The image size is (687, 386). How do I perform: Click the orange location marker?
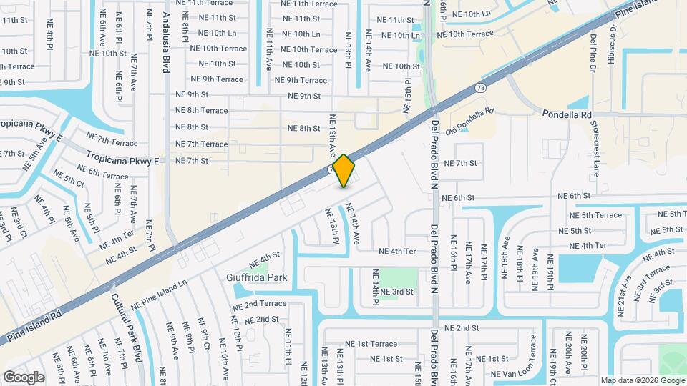[344, 170]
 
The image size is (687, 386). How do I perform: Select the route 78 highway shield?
[479, 88]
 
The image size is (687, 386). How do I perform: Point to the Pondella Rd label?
[567, 114]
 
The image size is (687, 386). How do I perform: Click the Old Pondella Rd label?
[470, 122]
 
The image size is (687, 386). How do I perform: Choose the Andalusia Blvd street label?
[166, 42]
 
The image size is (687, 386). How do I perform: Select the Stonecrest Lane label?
[595, 149]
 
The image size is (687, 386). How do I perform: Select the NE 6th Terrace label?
[103, 172]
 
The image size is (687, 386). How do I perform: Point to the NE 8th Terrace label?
[202, 110]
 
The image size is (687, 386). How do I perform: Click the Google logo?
[24, 377]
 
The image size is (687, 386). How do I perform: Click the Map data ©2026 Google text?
[642, 380]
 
